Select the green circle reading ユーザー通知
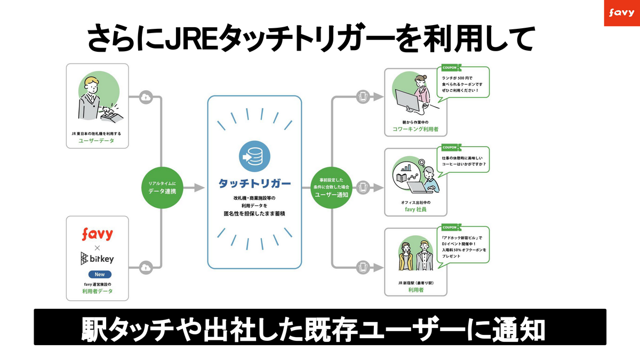pos(331,188)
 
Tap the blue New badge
pos(97,274)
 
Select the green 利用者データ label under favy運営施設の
pos(97,292)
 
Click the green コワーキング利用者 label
pos(416,130)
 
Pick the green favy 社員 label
pos(416,210)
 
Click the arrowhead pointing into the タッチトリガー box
pos(199,187)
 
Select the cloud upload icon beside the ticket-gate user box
pos(146,97)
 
